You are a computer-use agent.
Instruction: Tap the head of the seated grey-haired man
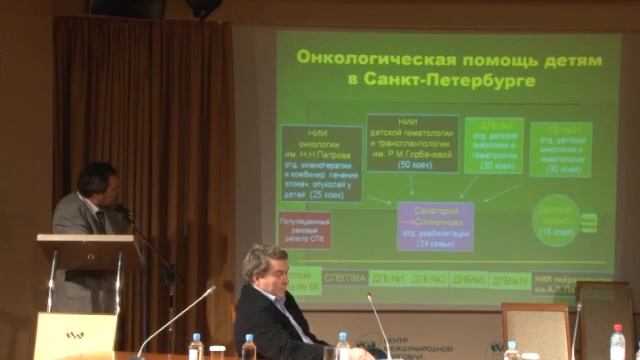tap(265, 268)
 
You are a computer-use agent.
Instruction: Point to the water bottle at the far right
tap(617, 343)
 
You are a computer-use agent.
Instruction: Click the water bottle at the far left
tap(195, 347)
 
